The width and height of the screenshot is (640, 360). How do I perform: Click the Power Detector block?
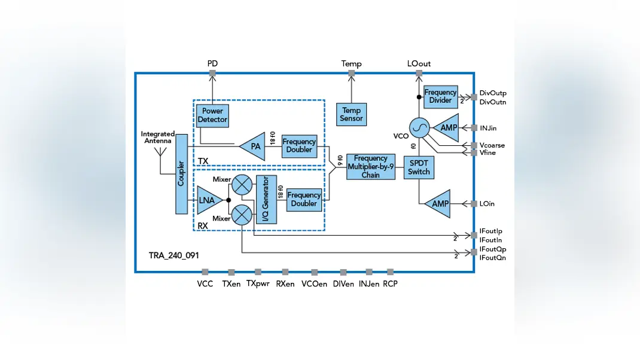(x=212, y=116)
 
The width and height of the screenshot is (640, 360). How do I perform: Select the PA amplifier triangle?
(x=254, y=146)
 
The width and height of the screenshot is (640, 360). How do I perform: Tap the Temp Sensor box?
(x=352, y=114)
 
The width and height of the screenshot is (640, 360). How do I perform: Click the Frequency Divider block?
(x=440, y=97)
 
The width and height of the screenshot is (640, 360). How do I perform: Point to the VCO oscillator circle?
(x=419, y=128)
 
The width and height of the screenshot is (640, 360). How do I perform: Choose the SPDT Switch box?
(x=419, y=167)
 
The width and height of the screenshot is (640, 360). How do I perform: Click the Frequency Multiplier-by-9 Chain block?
(x=371, y=166)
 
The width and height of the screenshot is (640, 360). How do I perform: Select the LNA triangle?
(x=209, y=200)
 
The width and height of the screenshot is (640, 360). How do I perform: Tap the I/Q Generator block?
(x=266, y=200)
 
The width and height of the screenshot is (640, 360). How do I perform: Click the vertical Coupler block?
(x=182, y=174)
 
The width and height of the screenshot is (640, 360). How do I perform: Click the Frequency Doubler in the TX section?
(x=299, y=146)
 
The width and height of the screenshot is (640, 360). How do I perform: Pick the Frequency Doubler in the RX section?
(x=304, y=200)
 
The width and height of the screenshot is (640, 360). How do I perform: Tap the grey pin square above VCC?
(x=205, y=272)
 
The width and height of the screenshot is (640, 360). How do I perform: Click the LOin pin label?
(x=487, y=204)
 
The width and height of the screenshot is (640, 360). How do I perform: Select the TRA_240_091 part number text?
(x=173, y=255)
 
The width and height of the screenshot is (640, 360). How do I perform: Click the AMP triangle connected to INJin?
(x=447, y=128)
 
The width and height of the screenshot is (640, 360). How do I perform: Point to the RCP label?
(x=390, y=283)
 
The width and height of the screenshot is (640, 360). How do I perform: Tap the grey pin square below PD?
(x=212, y=74)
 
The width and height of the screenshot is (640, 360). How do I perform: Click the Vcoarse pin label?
(x=492, y=145)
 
